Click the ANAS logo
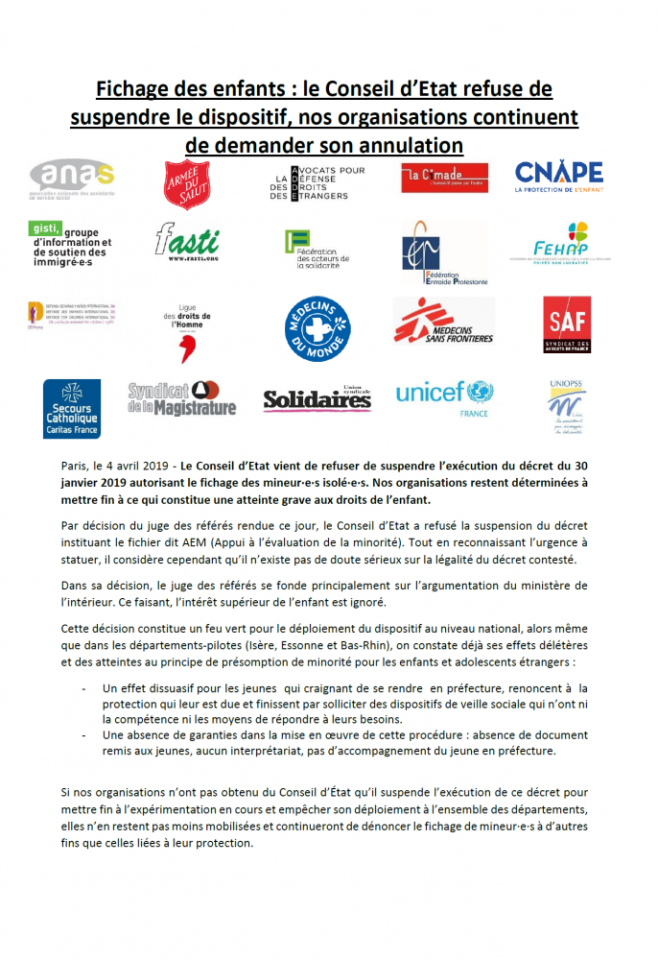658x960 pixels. coord(72,180)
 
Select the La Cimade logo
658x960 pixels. coord(444,178)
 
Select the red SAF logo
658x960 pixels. coord(567,324)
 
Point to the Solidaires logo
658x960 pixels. coord(317,397)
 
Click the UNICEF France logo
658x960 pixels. coord(444,396)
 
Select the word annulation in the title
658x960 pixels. coord(402,144)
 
